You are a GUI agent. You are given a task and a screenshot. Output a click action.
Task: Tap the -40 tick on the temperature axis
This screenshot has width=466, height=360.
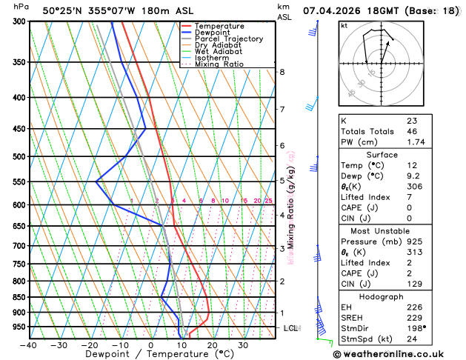29,344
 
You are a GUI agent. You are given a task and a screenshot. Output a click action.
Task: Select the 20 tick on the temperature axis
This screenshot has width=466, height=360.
212,344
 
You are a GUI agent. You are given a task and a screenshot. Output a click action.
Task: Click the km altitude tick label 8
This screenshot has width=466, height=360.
282,72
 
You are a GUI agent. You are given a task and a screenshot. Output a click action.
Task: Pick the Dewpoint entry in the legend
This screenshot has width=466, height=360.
213,33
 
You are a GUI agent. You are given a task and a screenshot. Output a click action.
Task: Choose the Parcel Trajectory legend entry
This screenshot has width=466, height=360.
228,39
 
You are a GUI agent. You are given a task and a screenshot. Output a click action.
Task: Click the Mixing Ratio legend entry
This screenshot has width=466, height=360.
219,64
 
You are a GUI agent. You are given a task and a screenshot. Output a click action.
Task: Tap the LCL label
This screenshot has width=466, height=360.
290,327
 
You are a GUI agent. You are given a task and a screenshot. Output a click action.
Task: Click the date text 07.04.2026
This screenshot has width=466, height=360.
336,10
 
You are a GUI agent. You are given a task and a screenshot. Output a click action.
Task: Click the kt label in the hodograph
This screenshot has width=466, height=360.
344,25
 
